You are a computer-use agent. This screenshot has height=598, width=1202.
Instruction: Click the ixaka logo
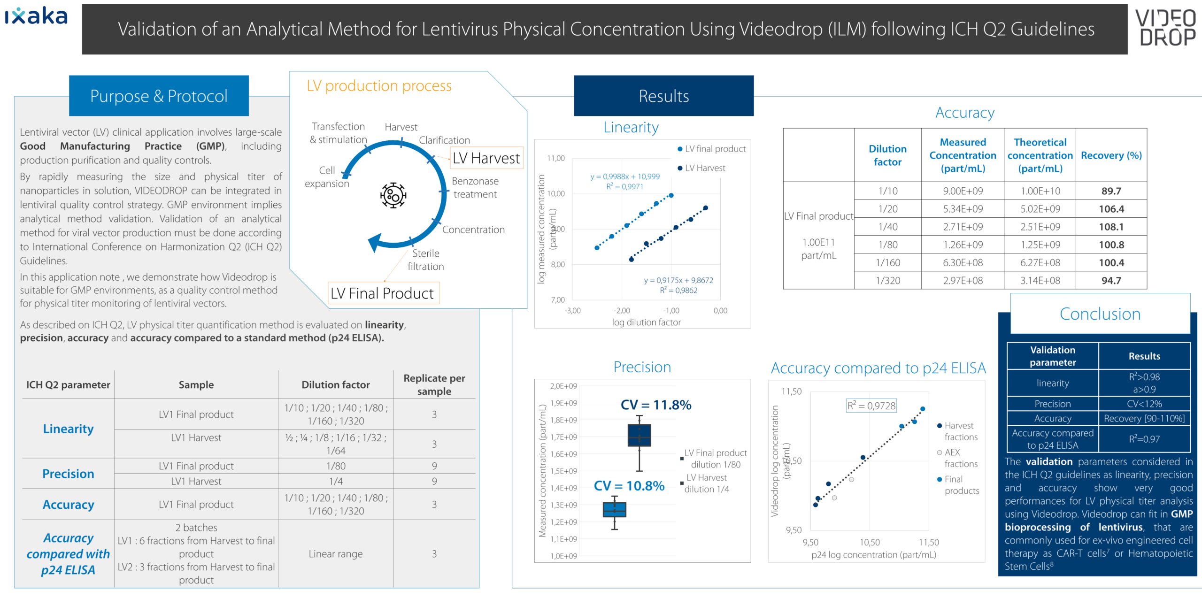tap(37, 16)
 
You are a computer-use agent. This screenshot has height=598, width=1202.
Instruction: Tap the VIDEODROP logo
tap(1165, 28)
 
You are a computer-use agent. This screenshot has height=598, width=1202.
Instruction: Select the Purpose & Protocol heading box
tap(159, 96)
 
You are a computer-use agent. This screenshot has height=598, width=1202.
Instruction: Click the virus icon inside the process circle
tap(393, 195)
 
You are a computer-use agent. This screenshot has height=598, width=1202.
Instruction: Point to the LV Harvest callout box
tap(486, 158)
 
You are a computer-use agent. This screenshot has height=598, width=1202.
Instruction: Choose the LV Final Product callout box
tap(383, 293)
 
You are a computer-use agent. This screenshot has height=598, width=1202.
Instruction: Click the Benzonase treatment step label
tap(475, 188)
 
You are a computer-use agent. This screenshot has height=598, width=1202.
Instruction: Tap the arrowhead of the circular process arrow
tap(375, 242)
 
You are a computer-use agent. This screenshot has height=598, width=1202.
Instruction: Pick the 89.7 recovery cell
tap(1111, 191)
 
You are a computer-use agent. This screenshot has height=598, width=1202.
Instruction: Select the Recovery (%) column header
tap(1111, 155)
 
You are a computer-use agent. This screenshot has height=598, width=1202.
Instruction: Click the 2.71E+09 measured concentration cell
tap(963, 227)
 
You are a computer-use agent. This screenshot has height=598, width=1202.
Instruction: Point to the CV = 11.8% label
tap(655, 405)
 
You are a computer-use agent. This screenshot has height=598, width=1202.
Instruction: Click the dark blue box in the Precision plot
tap(639, 435)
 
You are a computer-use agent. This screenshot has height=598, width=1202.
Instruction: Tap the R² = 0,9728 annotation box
tap(871, 406)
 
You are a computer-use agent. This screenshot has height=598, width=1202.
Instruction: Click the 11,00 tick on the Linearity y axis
tap(556, 158)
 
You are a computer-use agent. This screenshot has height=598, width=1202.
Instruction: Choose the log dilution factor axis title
tap(646, 322)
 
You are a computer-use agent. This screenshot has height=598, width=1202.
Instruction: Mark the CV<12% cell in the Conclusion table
tap(1144, 404)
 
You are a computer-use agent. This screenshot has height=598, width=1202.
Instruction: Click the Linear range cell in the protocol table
tap(335, 554)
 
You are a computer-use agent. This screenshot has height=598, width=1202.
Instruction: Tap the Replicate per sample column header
tap(434, 384)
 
